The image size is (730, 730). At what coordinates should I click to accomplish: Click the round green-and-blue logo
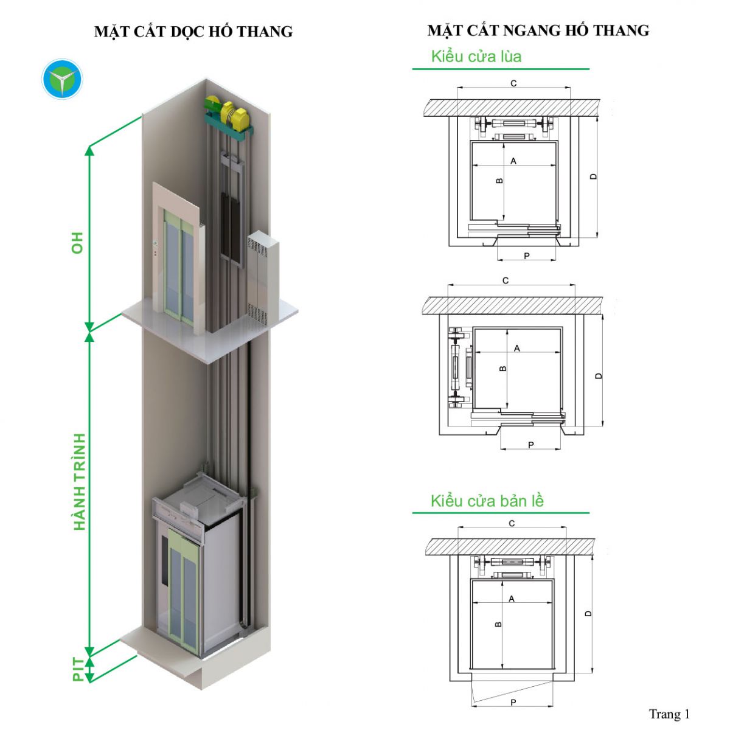coord(62,79)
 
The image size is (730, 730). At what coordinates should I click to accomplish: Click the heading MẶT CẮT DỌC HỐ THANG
coord(193,32)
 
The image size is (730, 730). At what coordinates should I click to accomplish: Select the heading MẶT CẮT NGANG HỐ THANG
coord(538,30)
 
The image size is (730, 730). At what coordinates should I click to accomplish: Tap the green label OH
coord(78,242)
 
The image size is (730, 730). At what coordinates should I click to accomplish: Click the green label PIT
coord(78,669)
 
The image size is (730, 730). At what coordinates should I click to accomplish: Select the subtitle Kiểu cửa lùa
coord(476,57)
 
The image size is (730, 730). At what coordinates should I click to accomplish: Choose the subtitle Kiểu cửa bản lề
coord(487,501)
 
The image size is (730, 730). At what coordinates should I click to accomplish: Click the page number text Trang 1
coord(669,714)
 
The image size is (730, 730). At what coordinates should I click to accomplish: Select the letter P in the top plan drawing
coord(527,256)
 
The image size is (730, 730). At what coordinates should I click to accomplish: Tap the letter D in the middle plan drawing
coord(599,376)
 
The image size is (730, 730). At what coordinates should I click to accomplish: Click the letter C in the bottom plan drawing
coord(512,523)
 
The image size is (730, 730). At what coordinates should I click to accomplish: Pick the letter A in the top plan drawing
coord(513,161)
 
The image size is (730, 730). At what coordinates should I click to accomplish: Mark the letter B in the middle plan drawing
coord(503,369)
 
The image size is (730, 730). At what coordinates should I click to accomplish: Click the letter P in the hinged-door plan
coord(513,702)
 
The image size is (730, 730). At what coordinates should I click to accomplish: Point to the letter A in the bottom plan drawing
coord(512,599)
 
